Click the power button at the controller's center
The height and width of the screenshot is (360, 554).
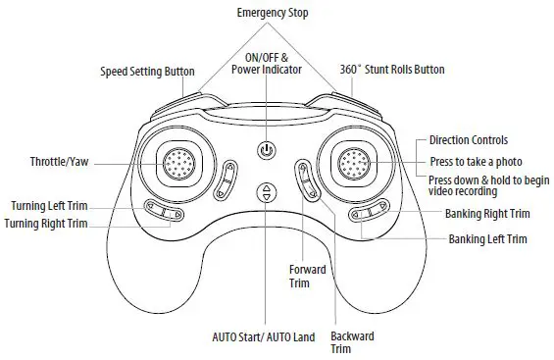(266, 150)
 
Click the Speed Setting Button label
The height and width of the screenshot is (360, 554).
(147, 72)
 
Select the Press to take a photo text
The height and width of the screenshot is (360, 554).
(476, 161)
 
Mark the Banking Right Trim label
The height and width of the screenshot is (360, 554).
(487, 213)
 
